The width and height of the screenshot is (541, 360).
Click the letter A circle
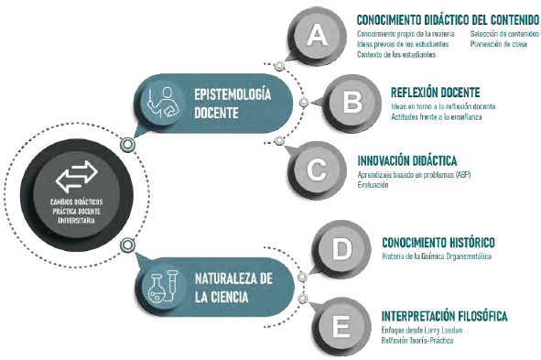[317, 35]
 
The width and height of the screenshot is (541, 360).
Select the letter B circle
[352, 103]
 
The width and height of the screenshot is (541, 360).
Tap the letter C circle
[317, 169]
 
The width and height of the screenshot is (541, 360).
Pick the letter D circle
[341, 248]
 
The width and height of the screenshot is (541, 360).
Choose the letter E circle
[341, 326]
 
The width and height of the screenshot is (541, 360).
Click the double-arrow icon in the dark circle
[77, 177]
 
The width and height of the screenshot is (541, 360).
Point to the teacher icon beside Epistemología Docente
[162, 103]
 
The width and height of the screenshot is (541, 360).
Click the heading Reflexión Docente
[435, 93]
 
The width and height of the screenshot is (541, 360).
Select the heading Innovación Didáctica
[407, 161]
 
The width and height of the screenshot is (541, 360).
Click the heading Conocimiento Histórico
[438, 243]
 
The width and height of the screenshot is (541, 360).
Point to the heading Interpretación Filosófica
[444, 316]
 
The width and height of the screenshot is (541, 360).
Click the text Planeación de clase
[499, 44]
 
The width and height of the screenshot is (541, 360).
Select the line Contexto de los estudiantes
[396, 55]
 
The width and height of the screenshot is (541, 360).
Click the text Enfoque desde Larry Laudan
[422, 331]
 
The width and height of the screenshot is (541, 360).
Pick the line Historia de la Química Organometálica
[437, 256]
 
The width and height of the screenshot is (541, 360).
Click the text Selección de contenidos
[504, 34]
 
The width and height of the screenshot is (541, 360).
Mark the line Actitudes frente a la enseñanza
[436, 117]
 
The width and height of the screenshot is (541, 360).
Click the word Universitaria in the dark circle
[76, 221]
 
